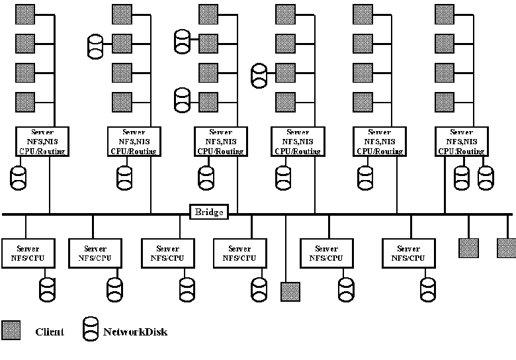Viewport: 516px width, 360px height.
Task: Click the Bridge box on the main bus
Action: click(210, 212)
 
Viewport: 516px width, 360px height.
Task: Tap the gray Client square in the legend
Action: click(11, 331)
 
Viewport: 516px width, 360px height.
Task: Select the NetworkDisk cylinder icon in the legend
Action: click(91, 330)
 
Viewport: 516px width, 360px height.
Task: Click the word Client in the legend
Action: click(50, 332)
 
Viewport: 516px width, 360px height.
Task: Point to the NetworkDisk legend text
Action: click(135, 332)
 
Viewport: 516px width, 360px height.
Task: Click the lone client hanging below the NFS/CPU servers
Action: click(290, 292)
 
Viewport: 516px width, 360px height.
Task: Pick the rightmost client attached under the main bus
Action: click(506, 248)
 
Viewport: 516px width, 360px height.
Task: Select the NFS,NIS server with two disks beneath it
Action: click(461, 142)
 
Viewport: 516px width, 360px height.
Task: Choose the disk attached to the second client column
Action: click(97, 46)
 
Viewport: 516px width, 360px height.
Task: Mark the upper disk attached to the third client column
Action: click(182, 41)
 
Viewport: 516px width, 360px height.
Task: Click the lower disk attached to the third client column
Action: click(182, 100)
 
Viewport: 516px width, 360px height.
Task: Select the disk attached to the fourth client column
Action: click(259, 74)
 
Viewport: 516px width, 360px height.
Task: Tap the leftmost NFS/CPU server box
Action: click(28, 253)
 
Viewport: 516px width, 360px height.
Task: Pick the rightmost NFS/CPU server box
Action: click(408, 253)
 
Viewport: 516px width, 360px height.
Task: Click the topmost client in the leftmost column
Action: click(25, 13)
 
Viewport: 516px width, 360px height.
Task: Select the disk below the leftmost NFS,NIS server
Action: click(18, 176)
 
